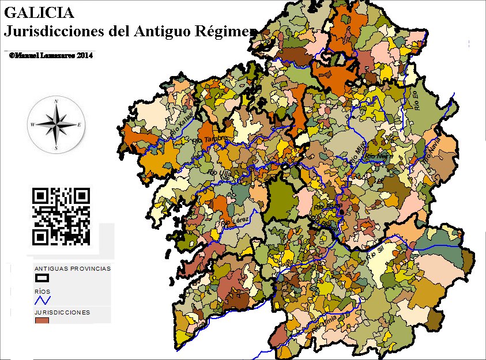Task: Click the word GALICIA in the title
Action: click(x=39, y=12)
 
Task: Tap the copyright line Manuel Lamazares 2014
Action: click(x=51, y=55)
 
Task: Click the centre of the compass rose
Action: click(x=56, y=124)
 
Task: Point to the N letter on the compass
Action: click(x=56, y=101)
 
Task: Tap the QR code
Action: click(x=61, y=216)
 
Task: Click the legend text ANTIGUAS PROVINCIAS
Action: click(x=73, y=269)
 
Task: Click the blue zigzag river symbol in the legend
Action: click(x=43, y=300)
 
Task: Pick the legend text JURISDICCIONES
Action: click(x=62, y=312)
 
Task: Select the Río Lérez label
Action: click(x=234, y=221)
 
